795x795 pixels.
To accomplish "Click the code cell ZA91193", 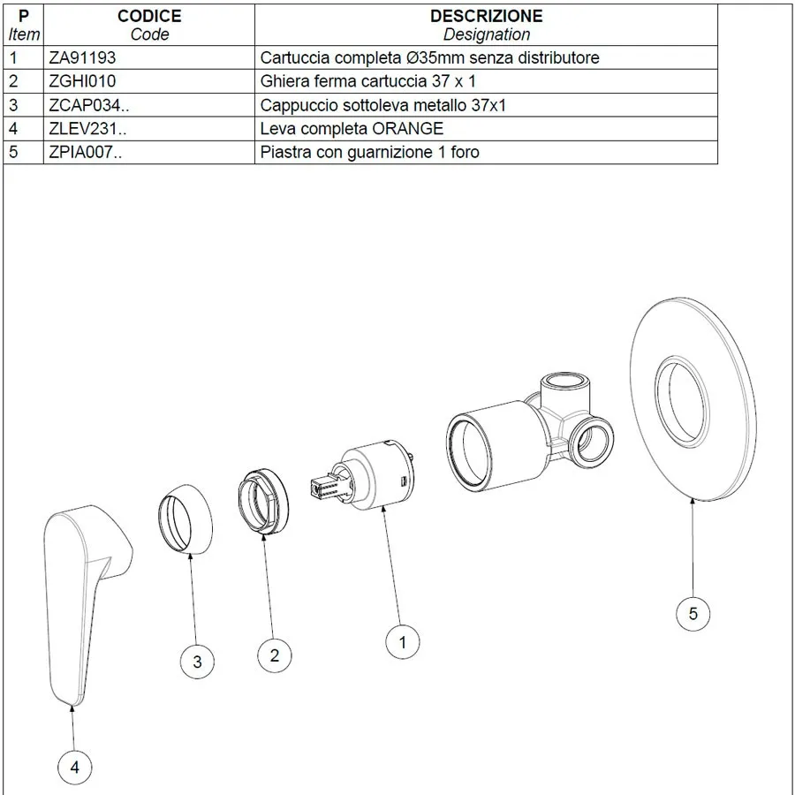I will pyautogui.click(x=83, y=57).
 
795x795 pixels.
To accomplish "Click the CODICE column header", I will pyautogui.click(x=149, y=16).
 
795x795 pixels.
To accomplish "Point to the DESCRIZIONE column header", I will pyautogui.click(x=486, y=16).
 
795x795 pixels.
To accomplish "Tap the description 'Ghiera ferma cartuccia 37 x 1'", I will pyautogui.click(x=368, y=81).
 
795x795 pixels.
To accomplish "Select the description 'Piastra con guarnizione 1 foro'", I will pyautogui.click(x=370, y=152).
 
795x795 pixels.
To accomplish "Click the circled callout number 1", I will pyautogui.click(x=403, y=642).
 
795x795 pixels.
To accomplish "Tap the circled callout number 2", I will pyautogui.click(x=275, y=655).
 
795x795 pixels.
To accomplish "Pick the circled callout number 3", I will pyautogui.click(x=197, y=662).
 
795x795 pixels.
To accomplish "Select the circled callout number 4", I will pyautogui.click(x=75, y=768).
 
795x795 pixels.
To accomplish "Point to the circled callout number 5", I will pyautogui.click(x=693, y=613).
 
